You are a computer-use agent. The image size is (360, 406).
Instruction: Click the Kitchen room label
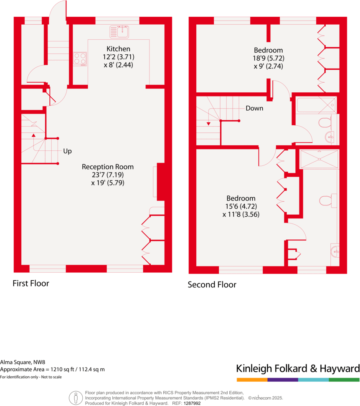tap(118, 49)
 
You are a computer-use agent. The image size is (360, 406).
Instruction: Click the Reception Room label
tap(108, 167)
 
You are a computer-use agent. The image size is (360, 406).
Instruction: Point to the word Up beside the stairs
tap(67, 151)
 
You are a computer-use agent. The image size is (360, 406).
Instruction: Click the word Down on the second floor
tap(254, 108)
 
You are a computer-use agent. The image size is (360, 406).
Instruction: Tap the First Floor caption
tap(31, 284)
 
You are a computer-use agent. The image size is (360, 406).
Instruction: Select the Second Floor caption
tap(212, 285)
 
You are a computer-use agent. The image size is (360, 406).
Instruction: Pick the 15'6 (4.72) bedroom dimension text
tap(241, 206)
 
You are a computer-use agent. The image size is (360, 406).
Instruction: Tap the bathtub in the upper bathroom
tap(316, 105)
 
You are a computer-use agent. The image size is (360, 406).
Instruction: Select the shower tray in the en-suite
tap(319, 159)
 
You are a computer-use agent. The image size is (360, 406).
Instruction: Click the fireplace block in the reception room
tap(160, 180)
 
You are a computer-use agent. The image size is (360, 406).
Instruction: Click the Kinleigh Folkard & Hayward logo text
tap(298, 368)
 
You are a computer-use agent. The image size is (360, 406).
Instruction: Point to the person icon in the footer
tap(76, 398)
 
